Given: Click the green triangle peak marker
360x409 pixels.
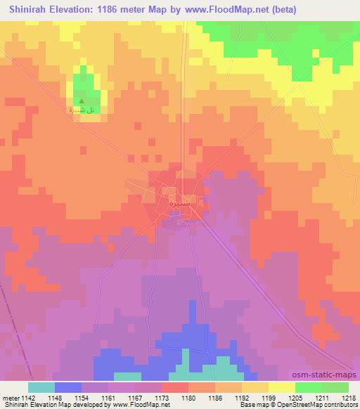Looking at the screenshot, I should pyautogui.click(x=83, y=101).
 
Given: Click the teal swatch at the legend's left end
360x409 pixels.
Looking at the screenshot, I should pyautogui.click(x=41, y=387).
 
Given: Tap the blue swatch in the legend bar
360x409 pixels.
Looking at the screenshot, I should pyautogui.click(x=67, y=387).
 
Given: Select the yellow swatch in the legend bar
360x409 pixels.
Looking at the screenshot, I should pyautogui.click(x=281, y=387).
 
